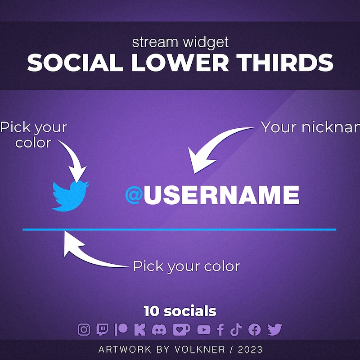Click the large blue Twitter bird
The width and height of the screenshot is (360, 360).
click(x=70, y=196)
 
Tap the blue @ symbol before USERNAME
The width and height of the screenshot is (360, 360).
click(x=134, y=195)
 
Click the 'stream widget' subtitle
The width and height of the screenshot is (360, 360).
click(x=180, y=43)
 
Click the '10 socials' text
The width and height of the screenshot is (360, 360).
click(x=180, y=311)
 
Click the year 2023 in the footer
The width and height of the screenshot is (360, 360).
click(x=251, y=349)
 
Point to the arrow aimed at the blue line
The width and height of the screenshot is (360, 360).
click(x=90, y=254)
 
